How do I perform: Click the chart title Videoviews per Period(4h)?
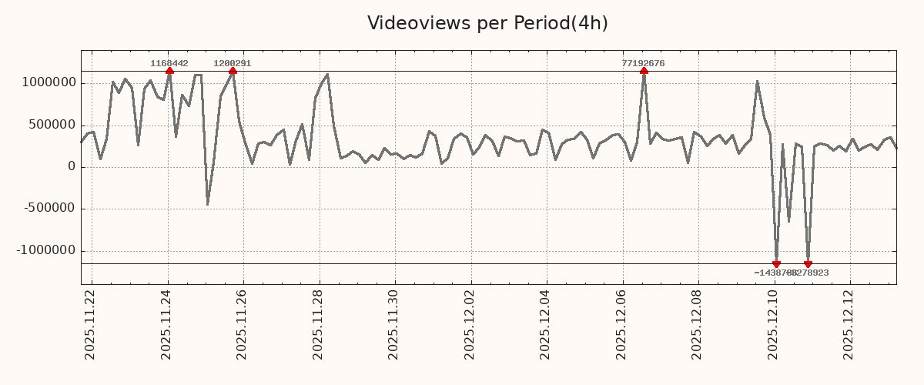pos(487,23)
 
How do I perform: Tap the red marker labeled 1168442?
pos(169,71)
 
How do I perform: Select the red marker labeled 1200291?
pos(233,71)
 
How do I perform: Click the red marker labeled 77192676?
pos(644,71)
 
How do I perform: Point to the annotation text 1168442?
pos(169,63)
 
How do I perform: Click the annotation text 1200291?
pos(233,63)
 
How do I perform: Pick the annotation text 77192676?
pos(644,63)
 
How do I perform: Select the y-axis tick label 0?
pos(72,167)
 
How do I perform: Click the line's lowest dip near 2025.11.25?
pos(207,204)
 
